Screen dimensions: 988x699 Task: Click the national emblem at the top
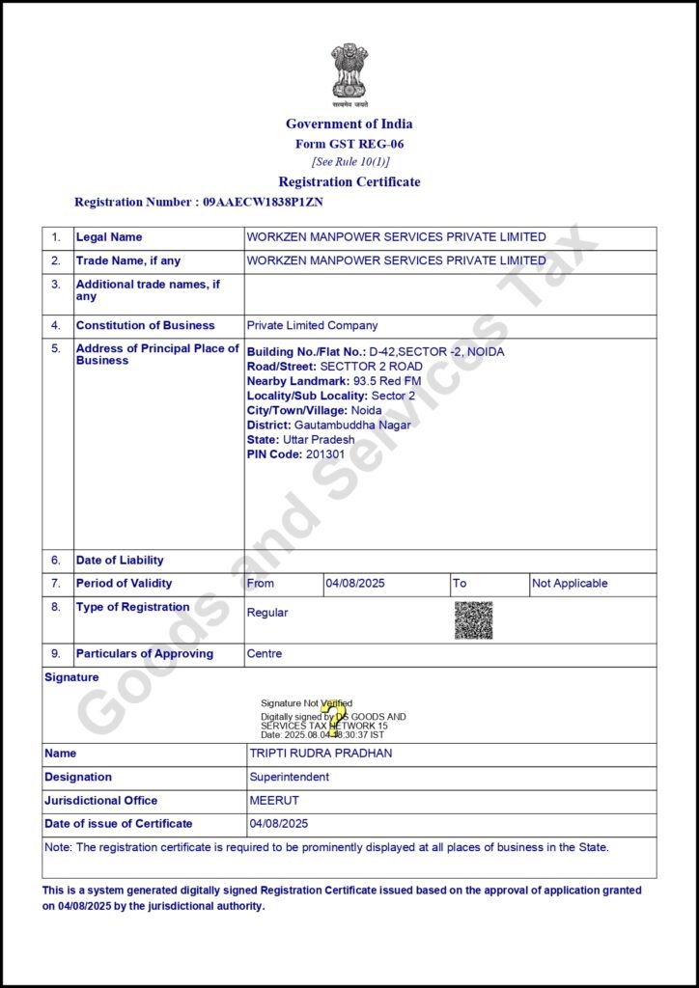coord(349,72)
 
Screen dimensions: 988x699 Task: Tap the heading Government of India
coord(349,123)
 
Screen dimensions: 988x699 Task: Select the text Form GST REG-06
coord(349,144)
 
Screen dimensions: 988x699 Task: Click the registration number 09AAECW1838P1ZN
coord(263,203)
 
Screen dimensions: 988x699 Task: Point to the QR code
coord(473,620)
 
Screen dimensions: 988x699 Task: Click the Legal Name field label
coord(109,237)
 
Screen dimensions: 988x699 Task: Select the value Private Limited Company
coord(312,326)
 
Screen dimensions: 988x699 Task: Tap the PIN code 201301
coord(324,453)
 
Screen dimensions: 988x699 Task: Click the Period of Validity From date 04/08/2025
coord(355,584)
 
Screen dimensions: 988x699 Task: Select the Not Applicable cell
coord(570,584)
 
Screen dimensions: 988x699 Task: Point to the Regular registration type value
coord(267,613)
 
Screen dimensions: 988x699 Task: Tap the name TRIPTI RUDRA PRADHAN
coord(321,754)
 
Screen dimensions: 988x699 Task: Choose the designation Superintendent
coord(289,777)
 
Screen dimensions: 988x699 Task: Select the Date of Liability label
coord(120,561)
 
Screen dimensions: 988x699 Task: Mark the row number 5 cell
coord(56,349)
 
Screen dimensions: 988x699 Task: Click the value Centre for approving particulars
coord(265,654)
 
